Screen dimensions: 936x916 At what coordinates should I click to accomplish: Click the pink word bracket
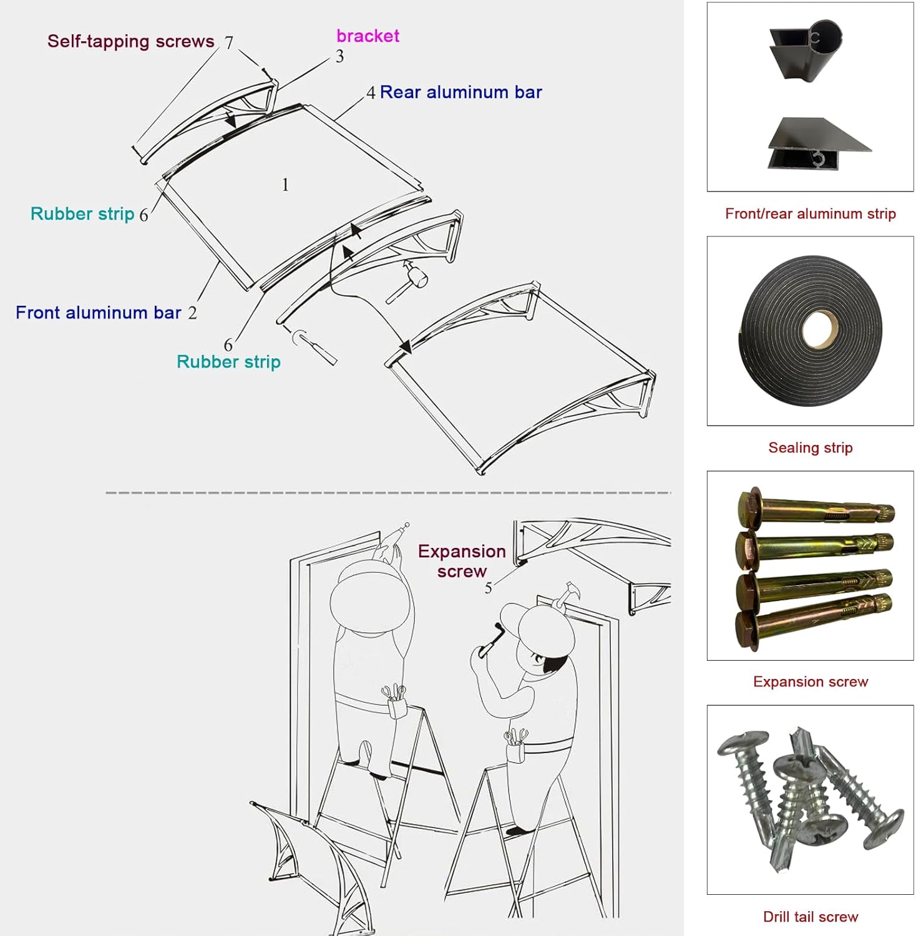pos(368,36)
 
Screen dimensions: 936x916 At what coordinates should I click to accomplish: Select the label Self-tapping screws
pos(130,41)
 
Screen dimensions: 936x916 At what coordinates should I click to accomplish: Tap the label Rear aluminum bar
pos(460,92)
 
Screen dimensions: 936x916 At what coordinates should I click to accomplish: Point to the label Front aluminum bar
pos(98,313)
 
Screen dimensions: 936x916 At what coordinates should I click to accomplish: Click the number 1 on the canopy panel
pos(285,185)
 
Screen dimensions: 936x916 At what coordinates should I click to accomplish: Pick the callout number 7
pos(229,42)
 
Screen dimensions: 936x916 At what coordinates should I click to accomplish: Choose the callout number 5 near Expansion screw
pos(488,588)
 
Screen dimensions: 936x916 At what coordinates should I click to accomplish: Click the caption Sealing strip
pos(810,447)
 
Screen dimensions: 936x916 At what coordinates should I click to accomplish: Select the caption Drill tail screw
pos(810,917)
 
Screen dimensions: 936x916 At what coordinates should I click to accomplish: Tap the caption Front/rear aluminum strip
pos(810,213)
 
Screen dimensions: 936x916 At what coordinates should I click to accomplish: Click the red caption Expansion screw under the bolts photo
pos(810,681)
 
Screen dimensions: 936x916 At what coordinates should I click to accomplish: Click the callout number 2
pos(192,313)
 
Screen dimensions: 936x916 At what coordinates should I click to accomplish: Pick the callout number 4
pos(371,93)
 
